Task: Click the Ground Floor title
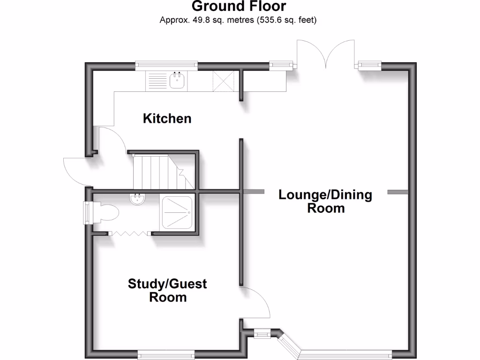239,7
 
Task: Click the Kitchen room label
167,118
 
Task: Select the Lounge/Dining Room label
325,201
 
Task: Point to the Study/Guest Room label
167,290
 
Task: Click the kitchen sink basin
178,81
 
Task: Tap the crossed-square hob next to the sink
224,81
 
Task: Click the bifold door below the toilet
129,233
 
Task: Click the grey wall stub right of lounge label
397,192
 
